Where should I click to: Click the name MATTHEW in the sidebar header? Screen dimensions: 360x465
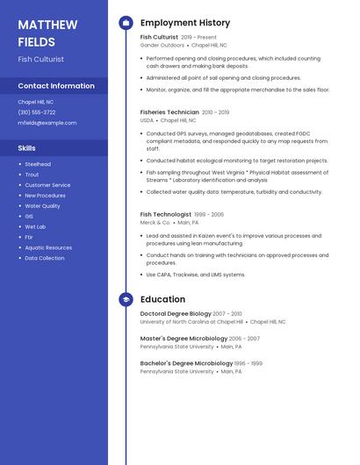(47, 25)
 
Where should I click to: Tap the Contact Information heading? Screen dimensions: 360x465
(56, 86)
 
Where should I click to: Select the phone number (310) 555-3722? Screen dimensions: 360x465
(37, 112)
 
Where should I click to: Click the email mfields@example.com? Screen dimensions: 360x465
(47, 123)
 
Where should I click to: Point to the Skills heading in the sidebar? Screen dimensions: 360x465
(27, 148)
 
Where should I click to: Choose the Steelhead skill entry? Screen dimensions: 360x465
(38, 164)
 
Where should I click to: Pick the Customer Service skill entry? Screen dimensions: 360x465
(47, 185)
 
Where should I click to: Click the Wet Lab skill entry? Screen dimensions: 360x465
(35, 226)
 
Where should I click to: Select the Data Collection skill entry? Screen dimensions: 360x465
(44, 258)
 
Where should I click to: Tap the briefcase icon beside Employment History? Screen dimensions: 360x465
(126, 23)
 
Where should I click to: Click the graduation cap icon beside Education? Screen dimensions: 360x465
(126, 299)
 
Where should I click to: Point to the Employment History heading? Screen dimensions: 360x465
(185, 23)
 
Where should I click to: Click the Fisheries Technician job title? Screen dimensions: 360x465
(169, 112)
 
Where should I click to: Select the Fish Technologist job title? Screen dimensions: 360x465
(166, 214)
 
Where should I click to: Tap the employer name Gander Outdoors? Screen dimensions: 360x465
(162, 45)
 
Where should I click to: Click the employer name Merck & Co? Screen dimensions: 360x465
(155, 223)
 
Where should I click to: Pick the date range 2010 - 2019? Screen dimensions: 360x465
(216, 112)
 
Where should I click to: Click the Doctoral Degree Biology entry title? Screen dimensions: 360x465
(176, 313)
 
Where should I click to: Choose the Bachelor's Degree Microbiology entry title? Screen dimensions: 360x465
(186, 363)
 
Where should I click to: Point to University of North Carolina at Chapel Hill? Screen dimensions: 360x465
(191, 322)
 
